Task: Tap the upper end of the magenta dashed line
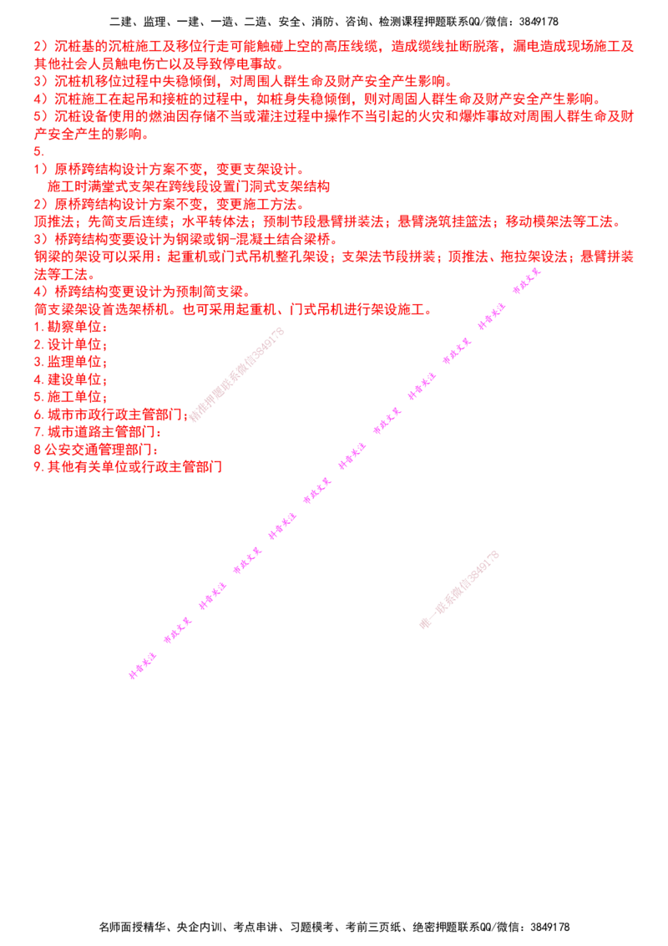point(541,270)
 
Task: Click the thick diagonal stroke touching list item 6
point(237,374)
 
